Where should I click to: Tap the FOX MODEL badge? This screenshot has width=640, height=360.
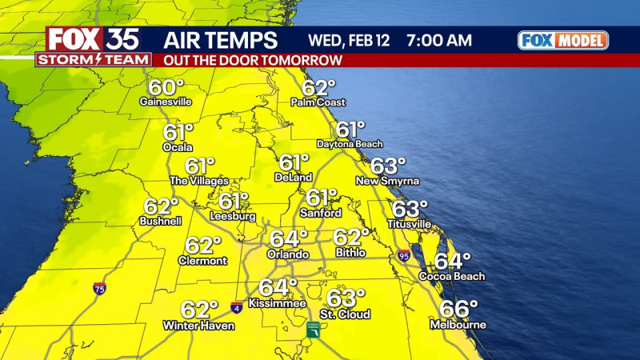point(562,40)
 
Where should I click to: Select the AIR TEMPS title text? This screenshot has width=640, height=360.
point(221,40)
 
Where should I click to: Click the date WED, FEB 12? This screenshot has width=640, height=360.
point(355,40)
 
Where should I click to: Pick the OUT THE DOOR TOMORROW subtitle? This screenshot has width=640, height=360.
point(253,60)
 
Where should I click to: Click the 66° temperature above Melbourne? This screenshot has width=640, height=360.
point(458,309)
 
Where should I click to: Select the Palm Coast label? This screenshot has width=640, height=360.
point(318,102)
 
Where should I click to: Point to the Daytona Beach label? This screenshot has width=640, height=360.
point(350,144)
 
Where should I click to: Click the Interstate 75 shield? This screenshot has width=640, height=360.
point(99,287)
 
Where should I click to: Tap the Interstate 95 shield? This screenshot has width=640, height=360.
point(404,256)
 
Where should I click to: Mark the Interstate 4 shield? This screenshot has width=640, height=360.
point(237,306)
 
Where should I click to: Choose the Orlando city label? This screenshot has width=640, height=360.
point(288,254)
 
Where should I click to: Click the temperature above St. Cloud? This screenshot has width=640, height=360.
point(346,298)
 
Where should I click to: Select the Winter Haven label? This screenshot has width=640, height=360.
point(190,326)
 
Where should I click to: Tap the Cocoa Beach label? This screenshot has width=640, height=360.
point(452,277)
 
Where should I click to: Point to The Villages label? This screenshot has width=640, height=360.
point(192,181)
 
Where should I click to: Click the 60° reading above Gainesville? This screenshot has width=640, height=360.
point(165,87)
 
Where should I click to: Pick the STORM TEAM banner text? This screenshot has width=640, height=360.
point(94,59)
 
